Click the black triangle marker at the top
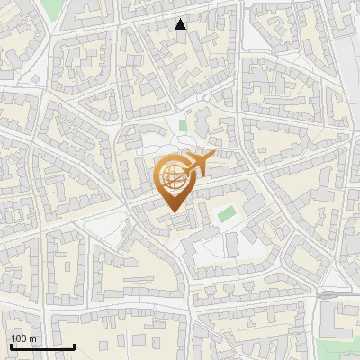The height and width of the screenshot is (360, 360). [181, 24]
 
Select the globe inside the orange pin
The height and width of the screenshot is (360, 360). [171, 177]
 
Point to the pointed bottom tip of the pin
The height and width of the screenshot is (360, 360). [172, 211]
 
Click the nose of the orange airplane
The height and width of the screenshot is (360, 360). [213, 156]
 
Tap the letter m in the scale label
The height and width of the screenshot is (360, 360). [32, 338]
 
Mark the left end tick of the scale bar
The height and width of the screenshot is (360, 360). [11, 345]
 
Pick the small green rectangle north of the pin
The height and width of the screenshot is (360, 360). [183, 127]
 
